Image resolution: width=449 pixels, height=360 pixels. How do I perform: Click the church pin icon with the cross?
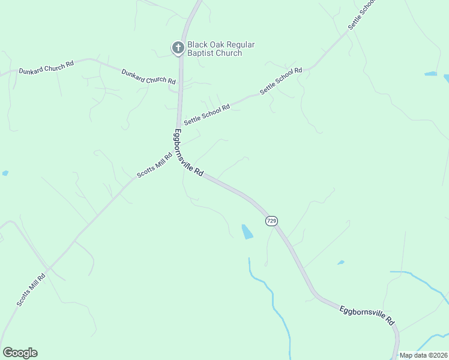[x=178, y=47]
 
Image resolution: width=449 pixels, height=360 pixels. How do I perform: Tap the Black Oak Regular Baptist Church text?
[x=221, y=49]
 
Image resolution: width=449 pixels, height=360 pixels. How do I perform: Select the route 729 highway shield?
[x=271, y=221]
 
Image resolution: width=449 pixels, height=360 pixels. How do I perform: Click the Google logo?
[x=20, y=353]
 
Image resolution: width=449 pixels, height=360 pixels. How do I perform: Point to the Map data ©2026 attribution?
[x=423, y=355]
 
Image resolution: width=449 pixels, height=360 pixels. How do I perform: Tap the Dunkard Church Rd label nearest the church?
[x=148, y=77]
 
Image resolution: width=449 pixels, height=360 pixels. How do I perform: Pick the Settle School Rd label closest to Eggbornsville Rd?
[x=207, y=115]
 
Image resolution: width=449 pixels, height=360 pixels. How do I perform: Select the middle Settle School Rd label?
[x=281, y=80]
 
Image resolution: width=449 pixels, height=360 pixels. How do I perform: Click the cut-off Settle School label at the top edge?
[x=362, y=16]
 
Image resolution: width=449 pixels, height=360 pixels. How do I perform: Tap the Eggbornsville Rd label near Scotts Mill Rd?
[x=189, y=152]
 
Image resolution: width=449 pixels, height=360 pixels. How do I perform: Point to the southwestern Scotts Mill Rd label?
[x=31, y=290]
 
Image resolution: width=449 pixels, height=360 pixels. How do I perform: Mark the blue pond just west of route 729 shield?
[x=247, y=232]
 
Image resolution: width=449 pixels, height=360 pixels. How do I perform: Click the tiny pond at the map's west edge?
[x=5, y=173]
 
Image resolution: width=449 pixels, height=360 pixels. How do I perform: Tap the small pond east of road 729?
[x=341, y=262]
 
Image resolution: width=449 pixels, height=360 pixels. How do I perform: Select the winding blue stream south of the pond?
[x=273, y=300]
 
